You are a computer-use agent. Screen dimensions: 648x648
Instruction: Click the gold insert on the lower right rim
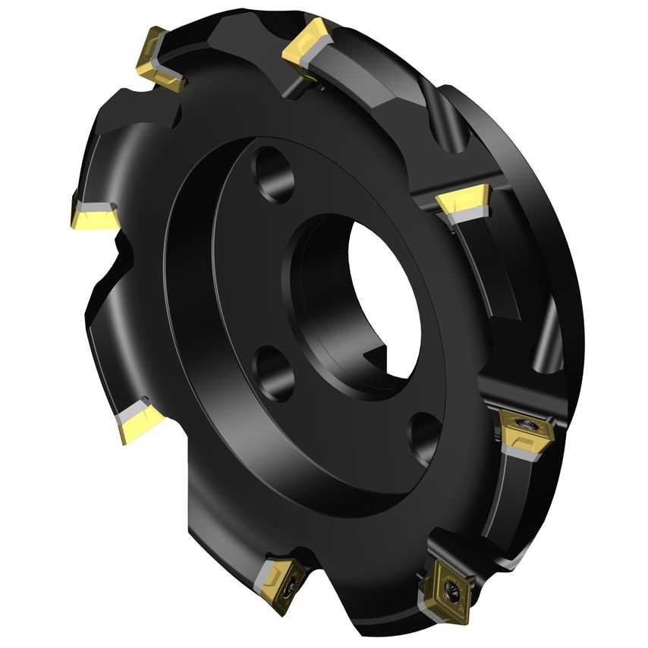pyautogui.click(x=523, y=432)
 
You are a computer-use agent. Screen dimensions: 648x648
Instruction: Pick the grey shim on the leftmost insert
pyautogui.click(x=95, y=207)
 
